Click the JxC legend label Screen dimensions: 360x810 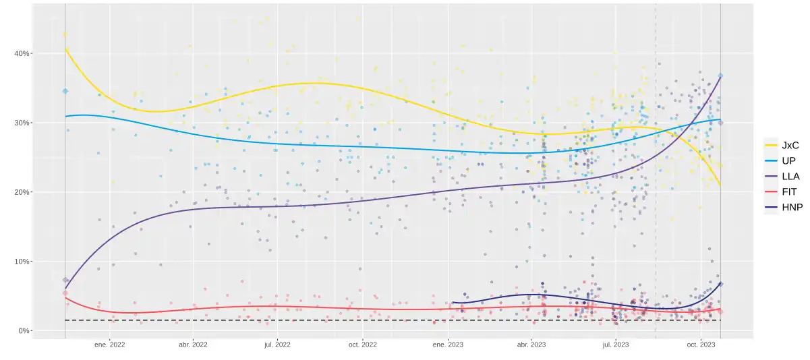(790, 144)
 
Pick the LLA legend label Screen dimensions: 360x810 (791, 176)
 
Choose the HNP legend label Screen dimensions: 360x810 (792, 207)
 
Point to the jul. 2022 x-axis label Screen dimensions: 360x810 (277, 344)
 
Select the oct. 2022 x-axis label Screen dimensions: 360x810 (362, 344)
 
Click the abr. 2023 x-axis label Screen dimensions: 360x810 (531, 344)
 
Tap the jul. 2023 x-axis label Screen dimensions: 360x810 (616, 344)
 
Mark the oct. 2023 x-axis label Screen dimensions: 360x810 (701, 344)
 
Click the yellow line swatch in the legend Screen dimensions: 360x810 (770, 144)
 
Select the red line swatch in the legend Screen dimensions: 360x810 (770, 191)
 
